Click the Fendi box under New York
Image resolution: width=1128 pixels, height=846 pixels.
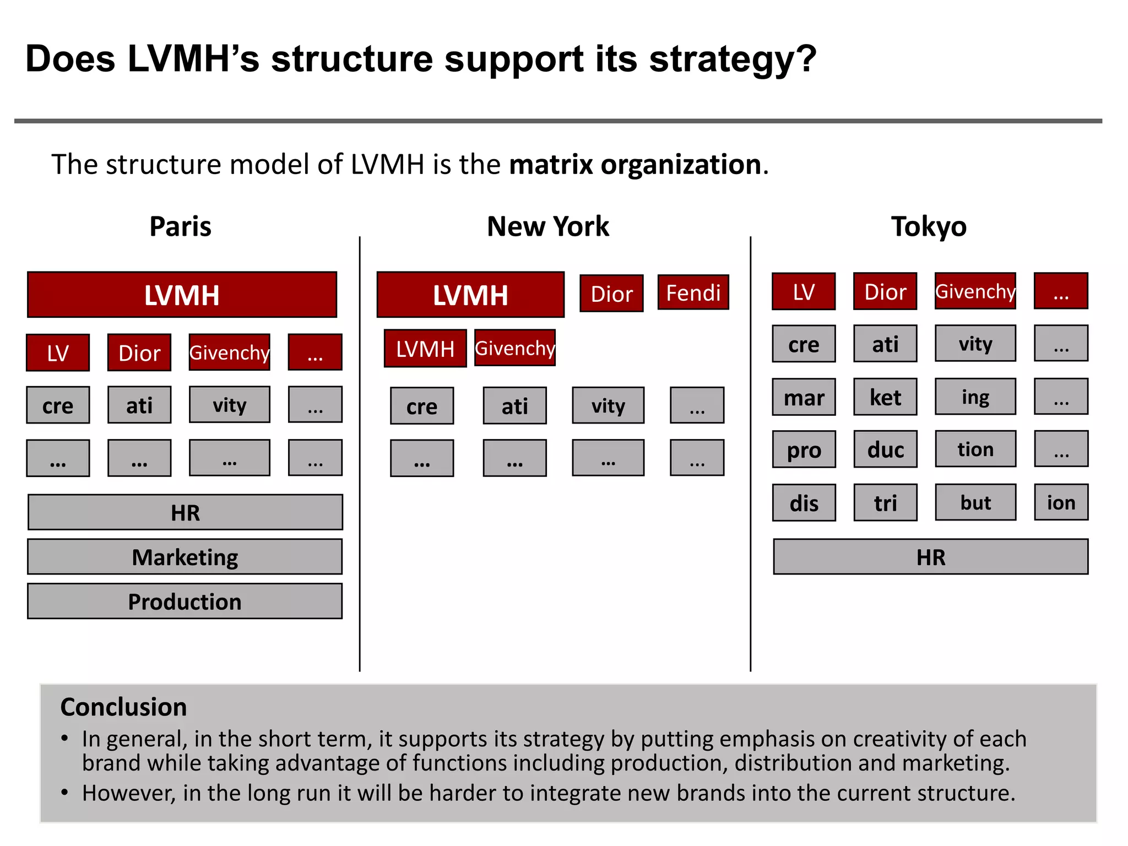[x=693, y=292]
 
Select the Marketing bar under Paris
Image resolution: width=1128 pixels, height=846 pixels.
[x=185, y=557]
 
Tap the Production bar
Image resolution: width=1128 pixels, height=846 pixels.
[x=185, y=601]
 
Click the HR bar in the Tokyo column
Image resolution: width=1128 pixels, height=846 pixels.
[x=930, y=557]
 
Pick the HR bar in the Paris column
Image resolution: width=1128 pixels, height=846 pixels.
[x=185, y=512]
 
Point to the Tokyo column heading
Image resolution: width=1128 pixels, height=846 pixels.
[x=929, y=226]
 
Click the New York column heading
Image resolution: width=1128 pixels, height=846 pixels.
[x=548, y=226]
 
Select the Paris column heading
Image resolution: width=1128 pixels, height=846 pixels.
[x=180, y=226]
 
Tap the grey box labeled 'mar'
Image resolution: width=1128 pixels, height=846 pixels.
[x=804, y=397]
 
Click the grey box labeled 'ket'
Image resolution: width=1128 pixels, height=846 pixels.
[x=885, y=397]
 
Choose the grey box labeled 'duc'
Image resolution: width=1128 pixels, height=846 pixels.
[x=885, y=449]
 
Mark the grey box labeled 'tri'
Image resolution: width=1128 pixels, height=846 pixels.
[x=885, y=503]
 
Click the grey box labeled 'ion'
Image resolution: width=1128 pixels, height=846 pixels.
[x=1061, y=502]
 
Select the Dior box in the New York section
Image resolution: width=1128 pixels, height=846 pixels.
[x=611, y=294]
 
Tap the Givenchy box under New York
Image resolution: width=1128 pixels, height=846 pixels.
[x=515, y=348]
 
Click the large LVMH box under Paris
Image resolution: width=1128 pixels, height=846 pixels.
[x=182, y=295]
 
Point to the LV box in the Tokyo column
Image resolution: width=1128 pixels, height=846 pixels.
[x=804, y=292]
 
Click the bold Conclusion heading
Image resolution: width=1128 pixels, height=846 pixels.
[x=123, y=707]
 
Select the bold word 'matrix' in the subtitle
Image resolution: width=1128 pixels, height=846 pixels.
[x=551, y=164]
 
